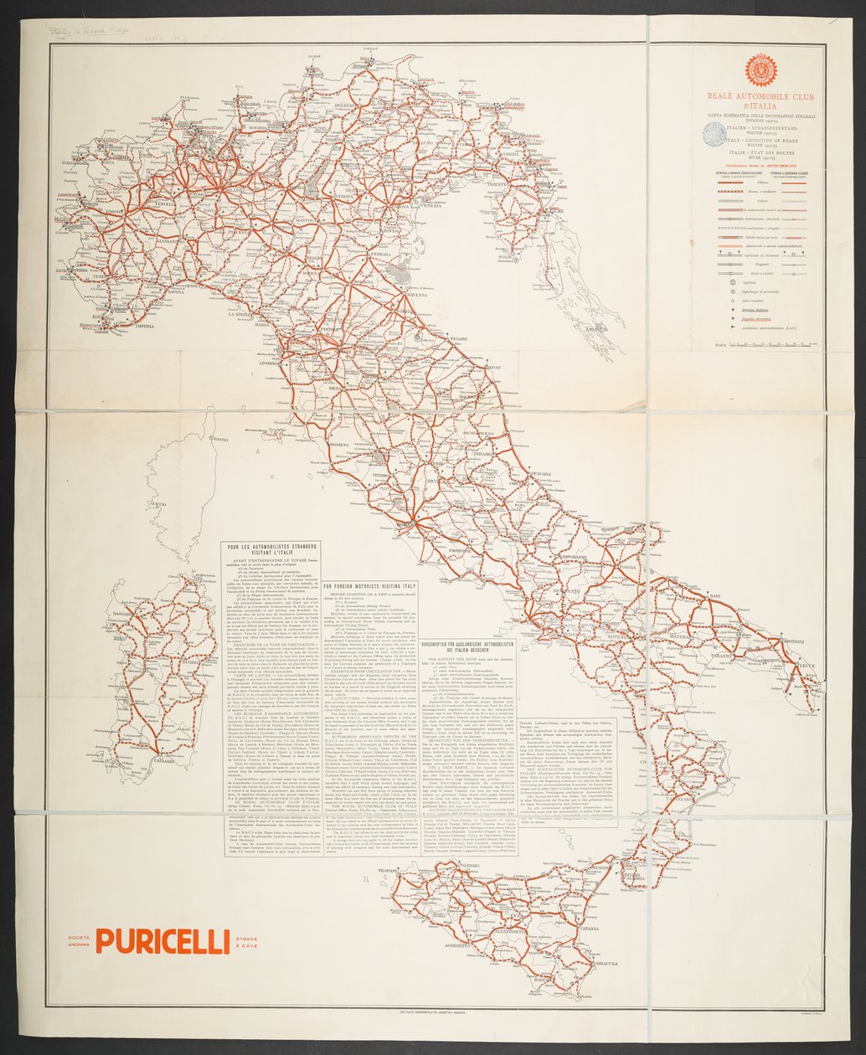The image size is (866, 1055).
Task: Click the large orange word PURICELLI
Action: coord(162,940)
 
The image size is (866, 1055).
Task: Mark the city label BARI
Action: coord(714,595)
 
